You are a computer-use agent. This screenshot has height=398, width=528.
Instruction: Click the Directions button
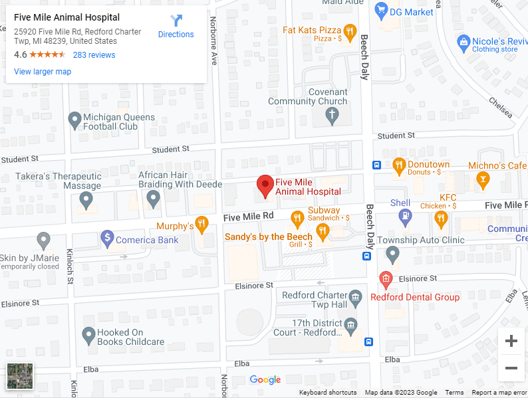pos(176,27)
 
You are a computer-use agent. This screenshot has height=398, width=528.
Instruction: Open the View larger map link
pos(43,72)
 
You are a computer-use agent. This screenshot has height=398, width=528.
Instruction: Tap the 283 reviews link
pos(94,55)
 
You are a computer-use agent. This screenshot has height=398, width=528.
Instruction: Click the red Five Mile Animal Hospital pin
pos(265,187)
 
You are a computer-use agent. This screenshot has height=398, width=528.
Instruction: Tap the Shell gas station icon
pos(404,216)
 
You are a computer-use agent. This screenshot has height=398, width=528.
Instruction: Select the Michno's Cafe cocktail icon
pos(483,179)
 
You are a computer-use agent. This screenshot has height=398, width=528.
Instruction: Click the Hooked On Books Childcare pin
pos(88,336)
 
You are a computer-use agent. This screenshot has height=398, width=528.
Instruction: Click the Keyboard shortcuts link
pos(328,393)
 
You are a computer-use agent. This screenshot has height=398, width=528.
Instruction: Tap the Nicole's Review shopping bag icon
pos(464,43)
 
